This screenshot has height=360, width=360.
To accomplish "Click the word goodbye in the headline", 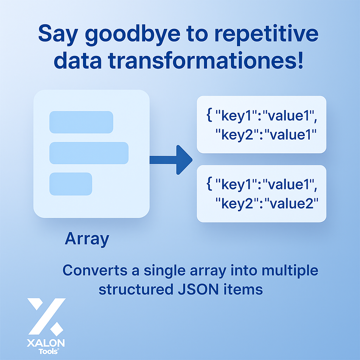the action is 133,35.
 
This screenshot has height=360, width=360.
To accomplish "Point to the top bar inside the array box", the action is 81,122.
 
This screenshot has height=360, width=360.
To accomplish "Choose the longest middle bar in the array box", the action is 89,153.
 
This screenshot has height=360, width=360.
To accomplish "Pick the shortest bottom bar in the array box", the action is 71,184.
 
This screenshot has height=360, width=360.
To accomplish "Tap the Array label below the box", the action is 87,239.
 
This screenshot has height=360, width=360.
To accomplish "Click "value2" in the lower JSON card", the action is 291,204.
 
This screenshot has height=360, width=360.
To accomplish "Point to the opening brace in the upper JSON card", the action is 209,115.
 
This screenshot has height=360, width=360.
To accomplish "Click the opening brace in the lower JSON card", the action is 209,184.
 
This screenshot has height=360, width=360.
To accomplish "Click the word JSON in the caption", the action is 198,290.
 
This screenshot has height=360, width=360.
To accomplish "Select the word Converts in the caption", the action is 95,270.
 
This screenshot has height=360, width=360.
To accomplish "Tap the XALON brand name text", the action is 46,343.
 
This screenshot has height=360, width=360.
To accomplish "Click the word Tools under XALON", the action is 48,352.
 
